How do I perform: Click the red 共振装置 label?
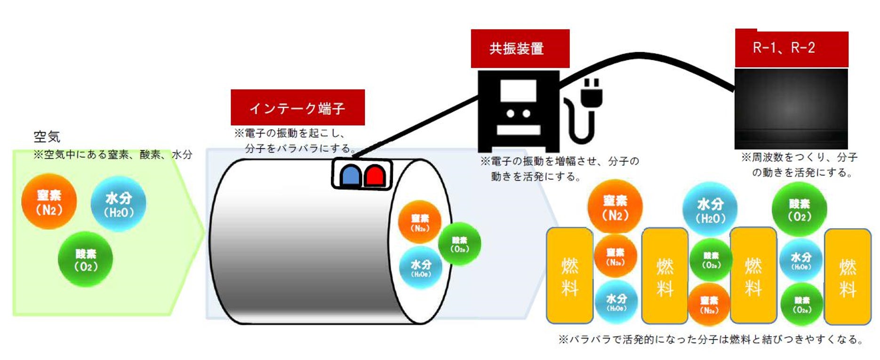coord(520,48)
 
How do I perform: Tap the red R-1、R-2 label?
coord(791,48)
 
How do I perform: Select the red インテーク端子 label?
coord(297,108)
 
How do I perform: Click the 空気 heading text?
coord(47,137)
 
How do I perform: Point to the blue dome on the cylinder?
coord(351,175)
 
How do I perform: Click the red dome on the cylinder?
coord(375,175)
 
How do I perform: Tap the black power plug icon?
coord(590,94)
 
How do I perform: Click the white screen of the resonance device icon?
coord(518,90)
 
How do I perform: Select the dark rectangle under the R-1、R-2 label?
coord(791,109)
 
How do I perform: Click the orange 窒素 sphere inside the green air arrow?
coord(49,201)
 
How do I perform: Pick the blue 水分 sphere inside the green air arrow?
coord(118,204)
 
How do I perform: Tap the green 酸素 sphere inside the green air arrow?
coord(85,259)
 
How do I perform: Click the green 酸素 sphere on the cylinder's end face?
coord(459,244)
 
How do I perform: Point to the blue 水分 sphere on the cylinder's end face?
coord(421,267)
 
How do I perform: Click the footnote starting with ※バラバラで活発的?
coord(711,339)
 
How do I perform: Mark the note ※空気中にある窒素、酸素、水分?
coord(113,154)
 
